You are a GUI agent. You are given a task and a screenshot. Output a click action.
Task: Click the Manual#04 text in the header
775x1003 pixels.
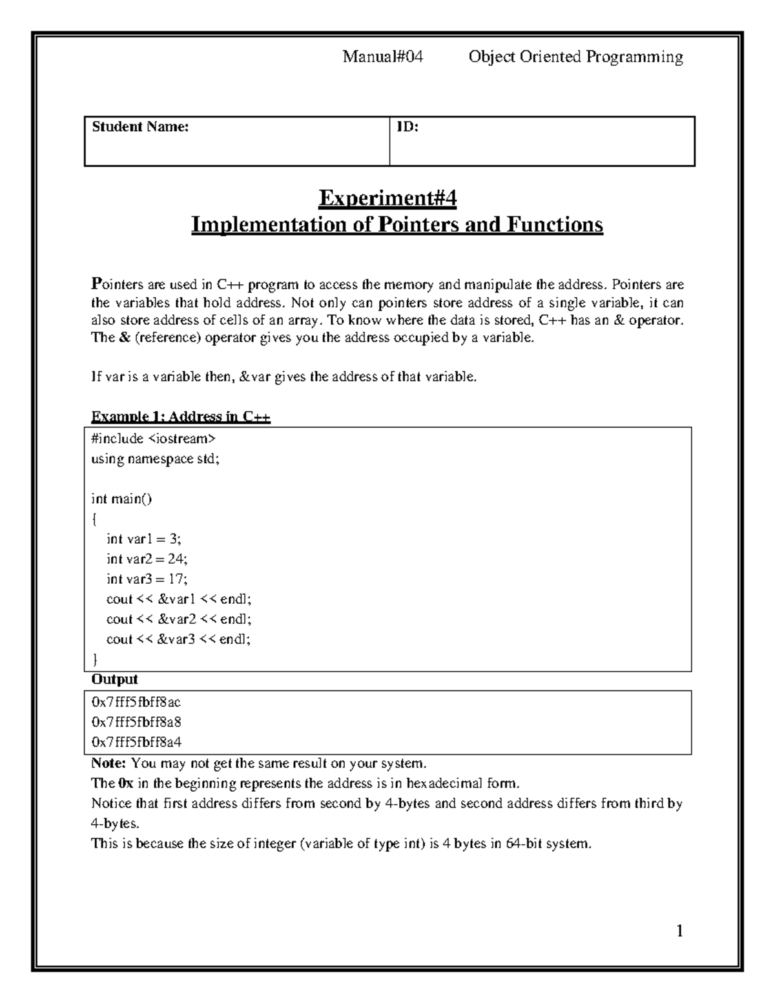tap(382, 57)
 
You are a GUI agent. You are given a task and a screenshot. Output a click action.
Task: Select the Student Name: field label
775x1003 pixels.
tap(140, 127)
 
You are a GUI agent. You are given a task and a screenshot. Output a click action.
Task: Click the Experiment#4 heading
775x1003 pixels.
tap(387, 198)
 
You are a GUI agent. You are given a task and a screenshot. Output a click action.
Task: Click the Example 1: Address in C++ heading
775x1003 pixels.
tap(181, 417)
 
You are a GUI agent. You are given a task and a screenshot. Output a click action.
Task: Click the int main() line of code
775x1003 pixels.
tap(122, 499)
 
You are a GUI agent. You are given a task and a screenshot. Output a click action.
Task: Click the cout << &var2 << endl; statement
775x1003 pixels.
tap(179, 619)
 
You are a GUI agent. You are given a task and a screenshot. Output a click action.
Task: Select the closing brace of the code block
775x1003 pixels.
tap(96, 659)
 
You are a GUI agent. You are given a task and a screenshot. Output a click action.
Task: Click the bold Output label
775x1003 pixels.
tap(114, 679)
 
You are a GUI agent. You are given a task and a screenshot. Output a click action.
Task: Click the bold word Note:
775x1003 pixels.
tap(108, 763)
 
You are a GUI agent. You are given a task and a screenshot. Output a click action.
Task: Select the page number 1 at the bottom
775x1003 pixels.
tap(679, 931)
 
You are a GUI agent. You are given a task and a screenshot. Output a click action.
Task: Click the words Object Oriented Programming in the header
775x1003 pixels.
tap(575, 57)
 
